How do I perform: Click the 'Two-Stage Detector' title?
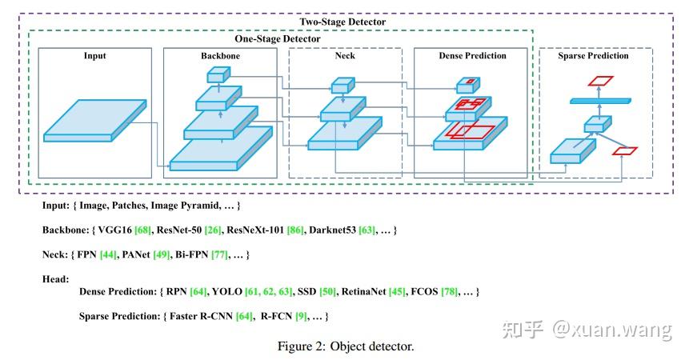[342, 22]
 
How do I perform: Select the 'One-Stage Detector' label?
[277, 38]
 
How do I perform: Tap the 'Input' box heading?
[94, 56]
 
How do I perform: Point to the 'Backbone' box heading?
[220, 56]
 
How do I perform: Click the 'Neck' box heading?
[345, 56]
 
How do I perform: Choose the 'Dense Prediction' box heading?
[472, 56]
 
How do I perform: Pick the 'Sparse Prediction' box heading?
[595, 56]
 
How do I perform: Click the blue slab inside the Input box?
[94, 121]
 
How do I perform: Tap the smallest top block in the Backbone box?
[218, 74]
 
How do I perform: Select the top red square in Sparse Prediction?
[600, 81]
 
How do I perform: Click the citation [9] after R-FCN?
[302, 316]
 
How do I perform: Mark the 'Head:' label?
[56, 278]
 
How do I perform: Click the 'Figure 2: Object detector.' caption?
[345, 346]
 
